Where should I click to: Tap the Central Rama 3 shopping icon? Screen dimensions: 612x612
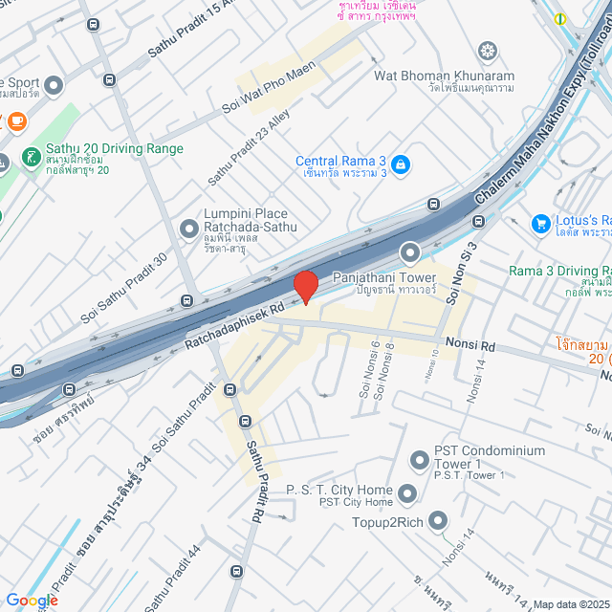pos(401,164)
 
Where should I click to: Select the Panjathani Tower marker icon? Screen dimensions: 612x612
pos(410,253)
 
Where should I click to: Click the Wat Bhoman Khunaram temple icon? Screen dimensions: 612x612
pos(489,50)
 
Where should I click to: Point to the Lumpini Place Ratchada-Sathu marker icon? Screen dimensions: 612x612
pos(188,228)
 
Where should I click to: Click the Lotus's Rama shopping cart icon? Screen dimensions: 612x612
pos(540,223)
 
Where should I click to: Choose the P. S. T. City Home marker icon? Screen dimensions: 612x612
pos(408,494)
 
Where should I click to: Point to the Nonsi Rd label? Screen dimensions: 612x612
pos(469,341)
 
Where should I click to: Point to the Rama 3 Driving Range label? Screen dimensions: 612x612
pos(559,271)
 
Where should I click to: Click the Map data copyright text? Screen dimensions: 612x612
pos(570,603)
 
